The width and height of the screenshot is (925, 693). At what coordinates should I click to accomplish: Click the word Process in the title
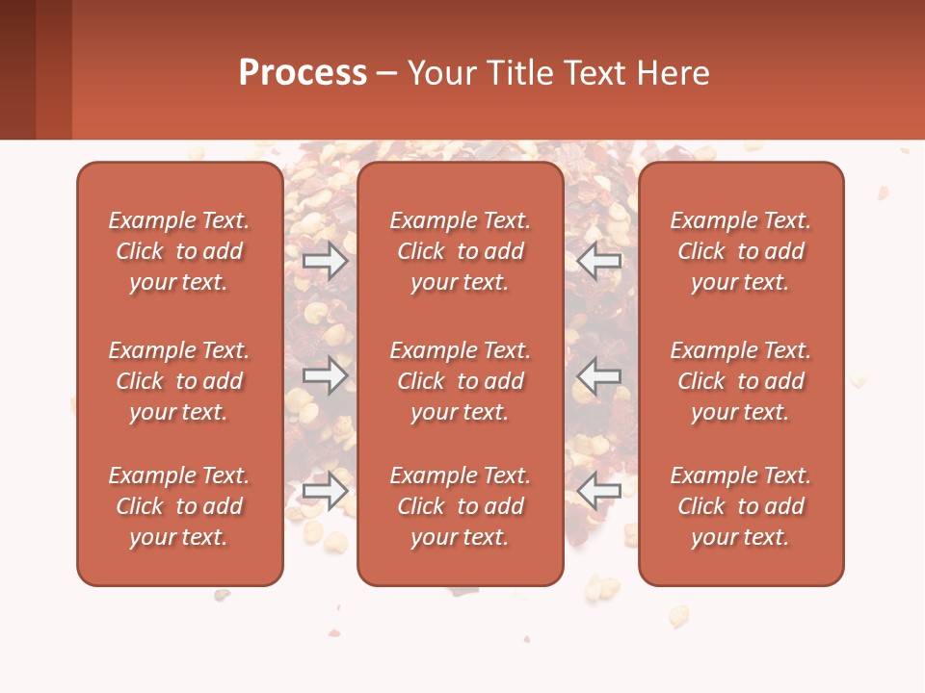(x=303, y=73)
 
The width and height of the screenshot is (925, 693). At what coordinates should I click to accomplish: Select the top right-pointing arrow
(x=325, y=261)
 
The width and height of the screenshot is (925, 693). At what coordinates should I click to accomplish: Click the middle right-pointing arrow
(x=325, y=375)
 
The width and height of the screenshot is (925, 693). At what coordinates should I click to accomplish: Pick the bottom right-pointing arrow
(x=325, y=491)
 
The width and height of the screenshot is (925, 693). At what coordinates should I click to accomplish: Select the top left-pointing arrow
(x=599, y=261)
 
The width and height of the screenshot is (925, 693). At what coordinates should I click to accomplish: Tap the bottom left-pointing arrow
(x=599, y=491)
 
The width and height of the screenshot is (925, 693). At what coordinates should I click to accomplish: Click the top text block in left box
(x=179, y=251)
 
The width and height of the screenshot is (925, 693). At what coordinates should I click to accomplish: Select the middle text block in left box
(x=179, y=381)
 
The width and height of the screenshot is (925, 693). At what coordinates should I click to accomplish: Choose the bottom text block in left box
(x=179, y=506)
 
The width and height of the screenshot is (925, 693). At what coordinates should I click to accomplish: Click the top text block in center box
(x=460, y=251)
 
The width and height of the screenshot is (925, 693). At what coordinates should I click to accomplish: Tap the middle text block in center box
(x=460, y=381)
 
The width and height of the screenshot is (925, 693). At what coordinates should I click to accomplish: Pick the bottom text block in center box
(x=460, y=506)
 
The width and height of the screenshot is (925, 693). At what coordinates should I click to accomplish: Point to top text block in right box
(x=740, y=251)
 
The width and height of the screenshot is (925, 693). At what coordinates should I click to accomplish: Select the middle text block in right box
(x=740, y=381)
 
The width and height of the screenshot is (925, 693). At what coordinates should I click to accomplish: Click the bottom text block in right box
(x=740, y=506)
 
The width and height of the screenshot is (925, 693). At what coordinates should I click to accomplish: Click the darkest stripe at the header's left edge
(x=17, y=69)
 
